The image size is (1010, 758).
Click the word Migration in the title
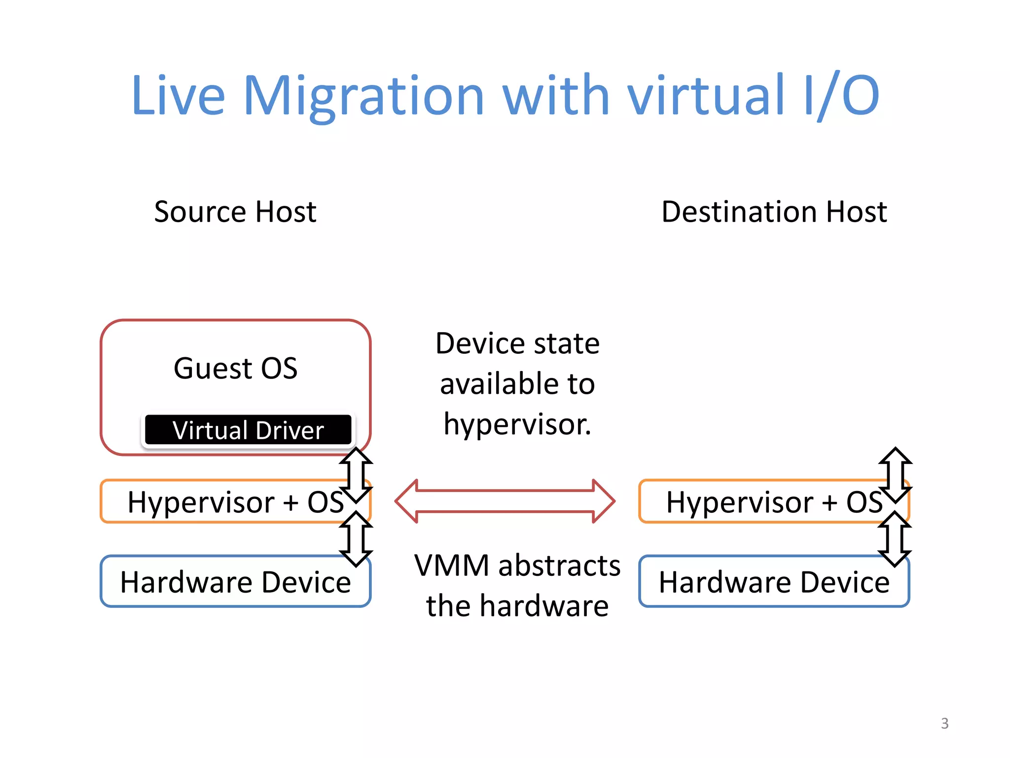point(363,96)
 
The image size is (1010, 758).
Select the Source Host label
point(235,212)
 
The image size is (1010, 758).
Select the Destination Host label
point(774,212)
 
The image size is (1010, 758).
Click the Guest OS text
point(235,368)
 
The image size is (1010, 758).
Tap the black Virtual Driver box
point(248,430)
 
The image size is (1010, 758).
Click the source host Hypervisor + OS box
point(222,502)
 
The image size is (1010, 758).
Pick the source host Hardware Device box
point(235,582)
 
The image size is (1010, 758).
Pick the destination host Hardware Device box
point(774,582)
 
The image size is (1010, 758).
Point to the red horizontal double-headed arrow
point(505,501)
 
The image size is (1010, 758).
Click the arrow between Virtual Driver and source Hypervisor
point(356,475)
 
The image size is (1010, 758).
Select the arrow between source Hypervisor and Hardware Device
point(356,539)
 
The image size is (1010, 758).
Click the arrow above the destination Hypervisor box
point(895,475)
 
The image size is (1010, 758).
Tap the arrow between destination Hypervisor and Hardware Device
point(895,539)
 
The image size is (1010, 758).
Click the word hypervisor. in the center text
point(517,424)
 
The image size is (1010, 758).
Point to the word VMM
point(452,566)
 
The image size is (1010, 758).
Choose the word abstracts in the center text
point(559,566)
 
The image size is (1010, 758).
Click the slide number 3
point(944,723)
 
